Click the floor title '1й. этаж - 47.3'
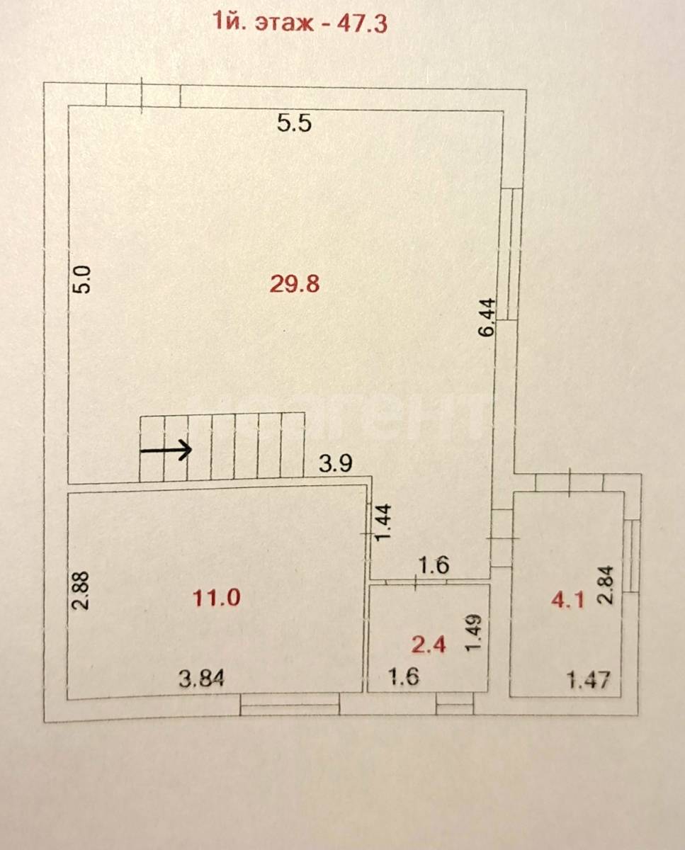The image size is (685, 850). (300, 23)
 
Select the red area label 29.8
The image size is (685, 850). (295, 284)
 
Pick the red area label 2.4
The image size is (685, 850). (429, 645)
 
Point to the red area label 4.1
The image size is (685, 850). (567, 601)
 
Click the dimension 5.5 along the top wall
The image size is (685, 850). (294, 123)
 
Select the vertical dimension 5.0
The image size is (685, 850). (84, 279)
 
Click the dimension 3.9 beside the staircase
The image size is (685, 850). (335, 463)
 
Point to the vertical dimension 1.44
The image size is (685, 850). (383, 522)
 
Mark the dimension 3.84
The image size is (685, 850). (201, 679)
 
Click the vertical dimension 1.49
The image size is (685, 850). (474, 632)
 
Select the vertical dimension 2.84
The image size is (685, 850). (606, 585)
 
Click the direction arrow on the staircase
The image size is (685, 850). (166, 450)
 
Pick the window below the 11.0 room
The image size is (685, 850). (290, 705)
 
